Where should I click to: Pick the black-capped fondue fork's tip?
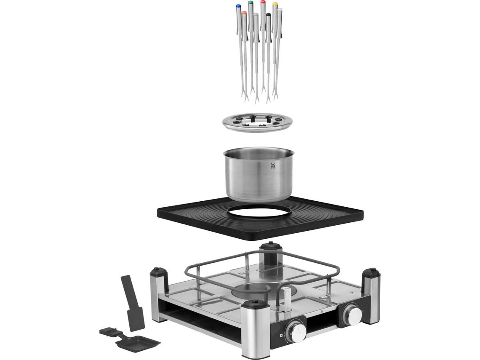[x=268, y=15]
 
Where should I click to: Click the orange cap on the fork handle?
[x=244, y=13]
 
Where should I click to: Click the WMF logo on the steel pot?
[x=273, y=165]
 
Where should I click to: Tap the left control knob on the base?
[x=296, y=331]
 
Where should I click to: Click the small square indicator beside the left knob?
[x=278, y=336]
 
